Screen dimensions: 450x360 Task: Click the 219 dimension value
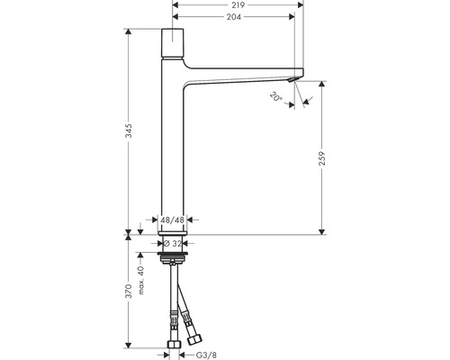click(x=238, y=5)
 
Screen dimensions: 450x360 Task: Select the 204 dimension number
click(x=233, y=17)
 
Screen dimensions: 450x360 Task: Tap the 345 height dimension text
click(x=129, y=130)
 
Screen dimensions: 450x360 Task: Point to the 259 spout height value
click(x=322, y=158)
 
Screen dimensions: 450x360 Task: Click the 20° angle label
click(x=276, y=96)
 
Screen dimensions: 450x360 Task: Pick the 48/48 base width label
click(x=172, y=220)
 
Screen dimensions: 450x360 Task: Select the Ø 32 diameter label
click(x=173, y=243)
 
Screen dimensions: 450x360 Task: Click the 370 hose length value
click(x=129, y=291)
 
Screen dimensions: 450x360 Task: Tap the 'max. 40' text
click(x=141, y=281)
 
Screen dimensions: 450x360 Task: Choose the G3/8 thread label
click(x=206, y=355)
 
